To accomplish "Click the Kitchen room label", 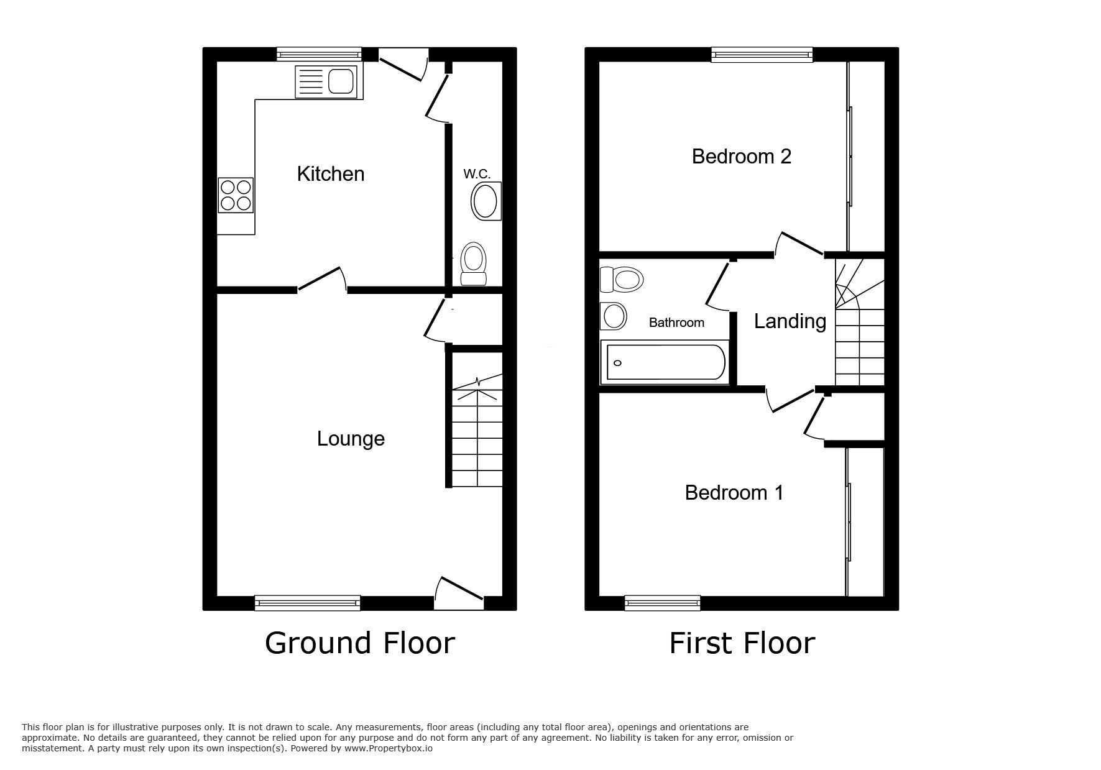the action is (x=331, y=174).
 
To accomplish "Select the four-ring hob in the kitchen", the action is (x=236, y=195).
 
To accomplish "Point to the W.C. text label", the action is (x=477, y=174).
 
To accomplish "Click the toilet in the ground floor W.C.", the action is (x=473, y=264).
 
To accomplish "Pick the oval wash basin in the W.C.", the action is (x=486, y=201).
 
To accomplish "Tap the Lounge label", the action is (x=351, y=439).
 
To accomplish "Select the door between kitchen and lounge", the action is (x=322, y=279).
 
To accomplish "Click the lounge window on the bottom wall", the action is (x=308, y=602).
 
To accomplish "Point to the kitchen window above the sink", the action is (x=320, y=54).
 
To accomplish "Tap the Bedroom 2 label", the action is (x=741, y=157).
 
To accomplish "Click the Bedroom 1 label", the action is (x=734, y=493).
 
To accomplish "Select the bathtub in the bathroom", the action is (x=663, y=362).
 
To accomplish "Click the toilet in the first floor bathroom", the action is (x=621, y=280).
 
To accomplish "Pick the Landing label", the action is (x=790, y=321).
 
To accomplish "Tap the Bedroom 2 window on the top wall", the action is (x=763, y=55).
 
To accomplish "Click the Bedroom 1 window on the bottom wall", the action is (x=663, y=602).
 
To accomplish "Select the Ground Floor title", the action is (x=360, y=643).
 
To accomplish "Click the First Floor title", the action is (x=742, y=643).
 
